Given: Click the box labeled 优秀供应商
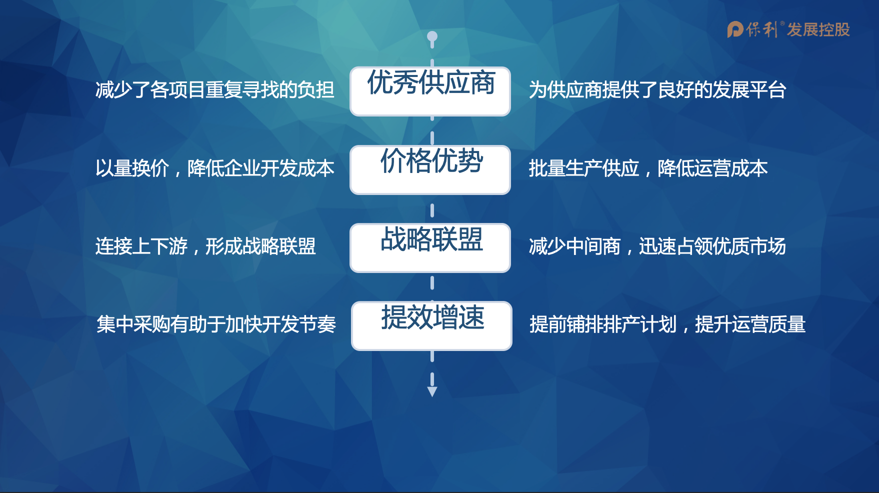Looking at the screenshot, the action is point(430,91).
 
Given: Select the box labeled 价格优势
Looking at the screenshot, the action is point(430,170).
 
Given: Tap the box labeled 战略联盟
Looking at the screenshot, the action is point(430,248).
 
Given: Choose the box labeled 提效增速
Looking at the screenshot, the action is point(431,326).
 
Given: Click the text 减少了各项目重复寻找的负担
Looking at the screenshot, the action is point(215,90).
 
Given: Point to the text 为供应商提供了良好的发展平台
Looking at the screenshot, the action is point(657,90).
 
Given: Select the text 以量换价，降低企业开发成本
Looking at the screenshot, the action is point(215,168).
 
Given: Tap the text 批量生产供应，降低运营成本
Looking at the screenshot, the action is point(648,168).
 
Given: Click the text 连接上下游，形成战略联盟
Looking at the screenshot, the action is point(205,246).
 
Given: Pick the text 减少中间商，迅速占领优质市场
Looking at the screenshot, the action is point(657,246).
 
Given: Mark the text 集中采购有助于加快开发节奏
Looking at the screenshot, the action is point(216,324).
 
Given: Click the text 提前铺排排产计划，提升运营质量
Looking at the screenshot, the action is point(667,324).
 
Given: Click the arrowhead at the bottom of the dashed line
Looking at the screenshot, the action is point(432,391).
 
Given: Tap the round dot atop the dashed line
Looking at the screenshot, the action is point(432,36).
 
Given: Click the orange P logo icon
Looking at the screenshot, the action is point(735,29).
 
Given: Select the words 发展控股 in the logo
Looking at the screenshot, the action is point(818,30).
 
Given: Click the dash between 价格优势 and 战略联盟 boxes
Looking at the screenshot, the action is point(432,210).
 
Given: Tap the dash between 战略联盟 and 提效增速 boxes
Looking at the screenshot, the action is point(432,283).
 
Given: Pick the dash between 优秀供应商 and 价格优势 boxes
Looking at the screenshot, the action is point(432,138).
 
